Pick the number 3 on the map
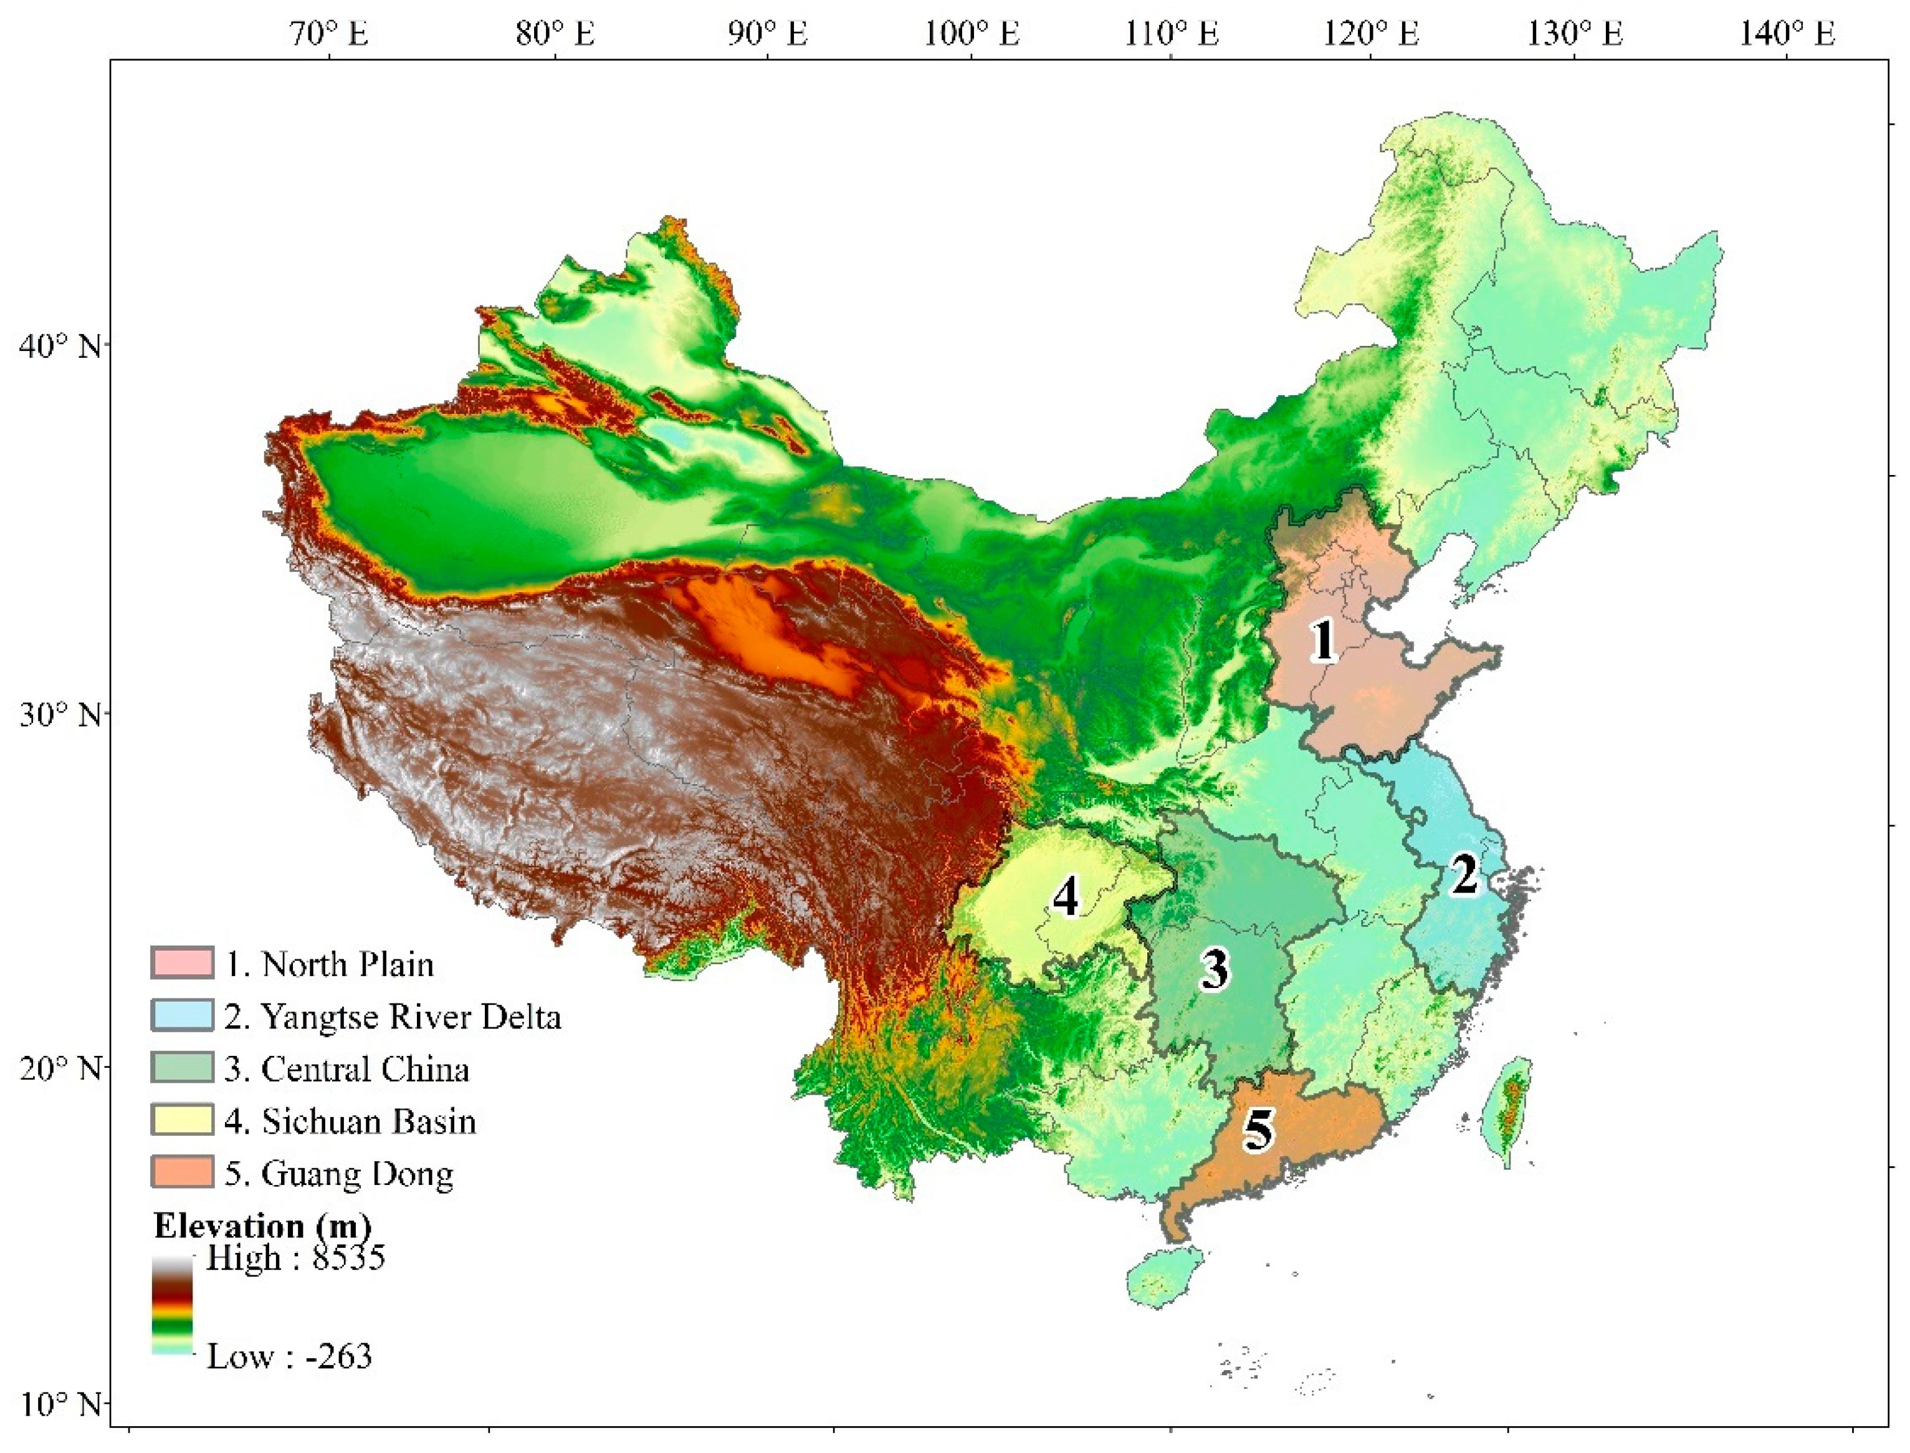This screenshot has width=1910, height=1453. click(1214, 969)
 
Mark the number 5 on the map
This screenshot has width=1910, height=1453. click(1258, 1129)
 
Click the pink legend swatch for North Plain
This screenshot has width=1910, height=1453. click(181, 962)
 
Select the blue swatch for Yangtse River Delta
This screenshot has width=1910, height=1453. click(181, 1015)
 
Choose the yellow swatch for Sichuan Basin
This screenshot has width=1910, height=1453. click(181, 1120)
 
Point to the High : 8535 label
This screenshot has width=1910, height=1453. click(295, 1257)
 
